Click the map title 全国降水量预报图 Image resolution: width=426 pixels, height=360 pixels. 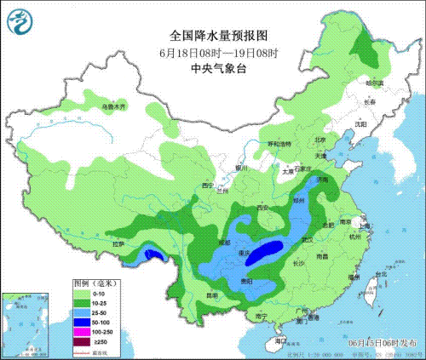click(213, 36)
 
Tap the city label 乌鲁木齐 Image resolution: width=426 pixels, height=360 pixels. click(113, 107)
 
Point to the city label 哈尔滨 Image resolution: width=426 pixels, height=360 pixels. click(376, 83)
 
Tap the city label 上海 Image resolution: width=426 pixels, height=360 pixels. click(365, 226)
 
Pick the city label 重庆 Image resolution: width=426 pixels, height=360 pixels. click(245, 253)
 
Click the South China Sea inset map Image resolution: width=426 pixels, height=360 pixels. click(25, 324)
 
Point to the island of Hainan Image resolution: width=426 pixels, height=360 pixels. click(274, 340)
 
